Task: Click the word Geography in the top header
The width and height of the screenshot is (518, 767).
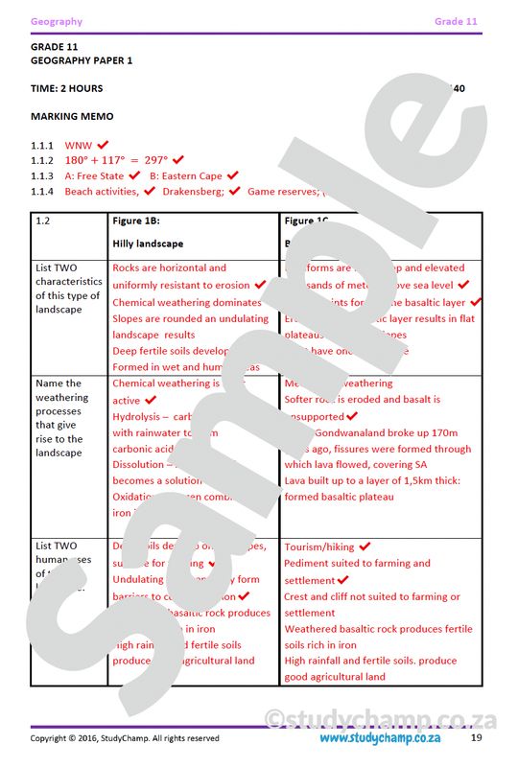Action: pos(57,21)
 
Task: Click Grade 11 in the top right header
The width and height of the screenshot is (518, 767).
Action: pos(456,21)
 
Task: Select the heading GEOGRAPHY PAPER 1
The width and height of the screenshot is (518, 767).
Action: pos(82,60)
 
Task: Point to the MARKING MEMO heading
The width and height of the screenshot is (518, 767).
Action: pos(72,116)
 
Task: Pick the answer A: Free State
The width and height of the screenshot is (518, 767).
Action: pos(94,176)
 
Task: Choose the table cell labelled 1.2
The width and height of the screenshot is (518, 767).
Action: pos(43,221)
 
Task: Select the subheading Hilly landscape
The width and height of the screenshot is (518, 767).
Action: pos(148,244)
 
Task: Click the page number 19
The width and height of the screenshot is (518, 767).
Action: pos(476,738)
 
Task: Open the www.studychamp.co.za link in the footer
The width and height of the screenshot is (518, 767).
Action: pos(379,738)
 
